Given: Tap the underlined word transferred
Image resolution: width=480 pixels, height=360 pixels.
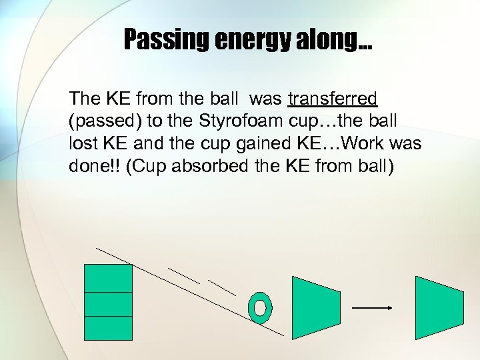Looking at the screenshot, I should [333, 99].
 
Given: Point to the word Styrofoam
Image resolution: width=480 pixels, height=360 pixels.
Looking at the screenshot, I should [225, 122].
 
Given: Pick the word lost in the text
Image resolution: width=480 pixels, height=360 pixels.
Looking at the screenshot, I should [81, 144].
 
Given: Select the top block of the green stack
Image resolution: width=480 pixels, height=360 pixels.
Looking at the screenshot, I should [108, 278].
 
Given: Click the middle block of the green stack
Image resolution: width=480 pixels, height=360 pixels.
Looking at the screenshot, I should [108, 304].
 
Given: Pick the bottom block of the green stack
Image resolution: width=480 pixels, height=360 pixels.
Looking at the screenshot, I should [108, 328].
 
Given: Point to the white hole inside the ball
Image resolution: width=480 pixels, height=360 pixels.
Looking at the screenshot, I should [260, 307].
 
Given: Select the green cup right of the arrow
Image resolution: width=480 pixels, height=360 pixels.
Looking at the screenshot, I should [438, 307].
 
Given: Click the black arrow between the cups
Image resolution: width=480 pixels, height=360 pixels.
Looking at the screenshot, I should [371, 308].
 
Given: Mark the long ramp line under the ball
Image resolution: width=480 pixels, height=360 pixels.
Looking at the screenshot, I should [200, 293].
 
